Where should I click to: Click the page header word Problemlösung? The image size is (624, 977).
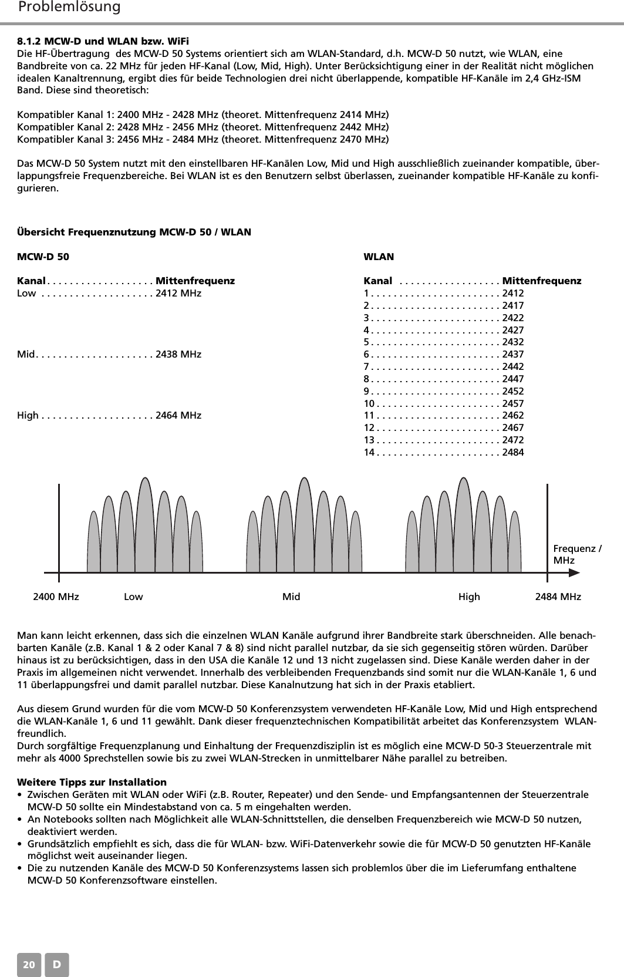69,7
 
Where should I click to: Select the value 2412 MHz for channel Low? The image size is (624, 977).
178,293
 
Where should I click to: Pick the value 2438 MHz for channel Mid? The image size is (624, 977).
178,354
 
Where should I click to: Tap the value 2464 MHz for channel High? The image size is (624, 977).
178,416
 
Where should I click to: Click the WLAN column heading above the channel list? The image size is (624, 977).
379,257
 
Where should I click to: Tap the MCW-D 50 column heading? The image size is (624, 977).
43,257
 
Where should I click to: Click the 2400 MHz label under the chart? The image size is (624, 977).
56,597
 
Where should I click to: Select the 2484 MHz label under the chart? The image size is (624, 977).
558,597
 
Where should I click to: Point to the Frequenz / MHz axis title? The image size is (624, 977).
577,554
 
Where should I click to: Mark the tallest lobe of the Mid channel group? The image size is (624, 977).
304,523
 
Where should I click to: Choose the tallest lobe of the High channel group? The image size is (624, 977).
464,523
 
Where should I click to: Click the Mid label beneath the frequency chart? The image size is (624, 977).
291,597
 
